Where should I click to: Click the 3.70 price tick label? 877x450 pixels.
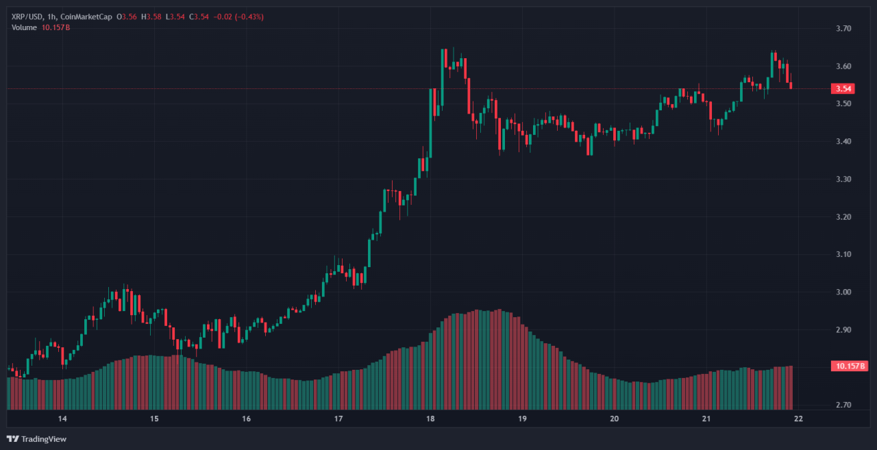point(843,29)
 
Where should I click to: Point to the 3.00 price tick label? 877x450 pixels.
point(843,292)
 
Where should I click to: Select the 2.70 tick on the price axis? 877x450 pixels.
point(843,405)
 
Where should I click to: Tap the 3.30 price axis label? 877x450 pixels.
point(843,179)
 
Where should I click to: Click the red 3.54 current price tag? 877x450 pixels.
point(843,88)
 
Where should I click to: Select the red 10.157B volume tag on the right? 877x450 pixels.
point(849,366)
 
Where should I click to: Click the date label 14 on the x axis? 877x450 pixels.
point(62,418)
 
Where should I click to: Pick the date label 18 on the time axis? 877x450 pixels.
point(430,418)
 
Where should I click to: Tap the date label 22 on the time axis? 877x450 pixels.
point(798,418)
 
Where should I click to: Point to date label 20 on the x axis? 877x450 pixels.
point(614,418)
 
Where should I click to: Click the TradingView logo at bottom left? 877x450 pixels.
point(37,438)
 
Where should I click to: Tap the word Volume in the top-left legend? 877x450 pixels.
point(24,27)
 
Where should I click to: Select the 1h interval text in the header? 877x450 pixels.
point(53,16)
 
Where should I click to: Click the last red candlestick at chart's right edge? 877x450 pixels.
point(791,85)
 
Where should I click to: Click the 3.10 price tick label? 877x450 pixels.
point(843,255)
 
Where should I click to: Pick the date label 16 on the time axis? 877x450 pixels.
point(246,418)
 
